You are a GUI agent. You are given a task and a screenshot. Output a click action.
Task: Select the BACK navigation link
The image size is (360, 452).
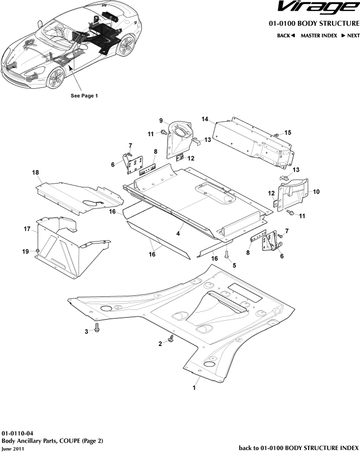coord(286,36)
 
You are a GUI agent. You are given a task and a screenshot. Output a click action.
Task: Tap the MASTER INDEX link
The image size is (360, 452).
coord(318,36)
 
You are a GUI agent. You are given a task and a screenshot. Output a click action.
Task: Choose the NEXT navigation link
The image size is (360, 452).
coord(350,36)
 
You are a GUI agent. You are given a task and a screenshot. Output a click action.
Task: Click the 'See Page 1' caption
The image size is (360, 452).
coord(85,96)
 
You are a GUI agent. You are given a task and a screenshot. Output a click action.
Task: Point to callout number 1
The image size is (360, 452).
coord(194,388)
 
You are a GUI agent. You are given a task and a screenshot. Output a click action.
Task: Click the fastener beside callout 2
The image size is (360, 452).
coord(171,338)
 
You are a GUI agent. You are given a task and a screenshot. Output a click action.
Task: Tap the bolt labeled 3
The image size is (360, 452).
coord(97,328)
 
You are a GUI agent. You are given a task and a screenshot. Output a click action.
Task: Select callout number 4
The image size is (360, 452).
coord(178,234)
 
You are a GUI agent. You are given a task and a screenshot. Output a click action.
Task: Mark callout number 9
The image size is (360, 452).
coord(160,121)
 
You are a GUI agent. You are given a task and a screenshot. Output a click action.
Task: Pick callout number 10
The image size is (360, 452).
coord(316,192)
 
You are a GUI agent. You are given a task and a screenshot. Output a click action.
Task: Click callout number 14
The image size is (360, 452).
coord(205,119)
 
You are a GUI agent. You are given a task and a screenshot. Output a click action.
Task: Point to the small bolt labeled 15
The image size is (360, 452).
coord(276,134)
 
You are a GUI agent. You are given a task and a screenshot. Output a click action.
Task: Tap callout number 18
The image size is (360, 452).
coord(35,172)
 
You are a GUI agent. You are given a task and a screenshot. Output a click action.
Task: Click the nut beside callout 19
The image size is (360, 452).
coord(37,251)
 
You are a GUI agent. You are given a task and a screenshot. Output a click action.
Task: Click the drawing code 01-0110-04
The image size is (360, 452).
coord(18,433)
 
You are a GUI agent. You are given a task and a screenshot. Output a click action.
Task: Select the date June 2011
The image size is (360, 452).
coord(12,448)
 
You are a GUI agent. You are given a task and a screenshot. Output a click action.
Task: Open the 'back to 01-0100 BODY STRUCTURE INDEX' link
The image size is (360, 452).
coord(298,448)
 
